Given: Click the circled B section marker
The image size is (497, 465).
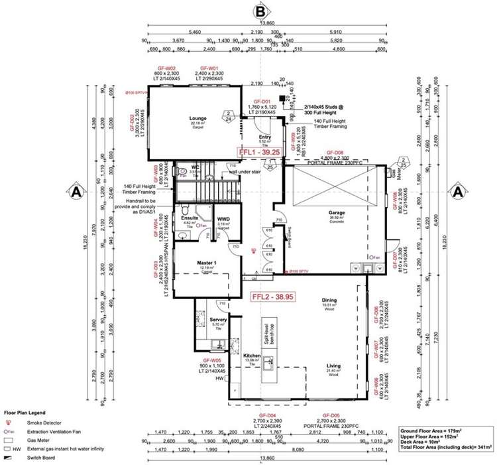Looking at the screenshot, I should point(262,11).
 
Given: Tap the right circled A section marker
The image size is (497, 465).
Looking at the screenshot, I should point(457,192).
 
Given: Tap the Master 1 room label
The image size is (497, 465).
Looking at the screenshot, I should point(207,263).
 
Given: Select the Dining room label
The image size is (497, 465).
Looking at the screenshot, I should point(329,300).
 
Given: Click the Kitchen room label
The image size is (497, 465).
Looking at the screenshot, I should point(252,356).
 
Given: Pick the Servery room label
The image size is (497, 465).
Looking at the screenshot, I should point(218,320).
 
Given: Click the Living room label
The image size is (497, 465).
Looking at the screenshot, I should point(333,365).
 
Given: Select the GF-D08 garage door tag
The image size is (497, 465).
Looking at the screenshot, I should point(333,152).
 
